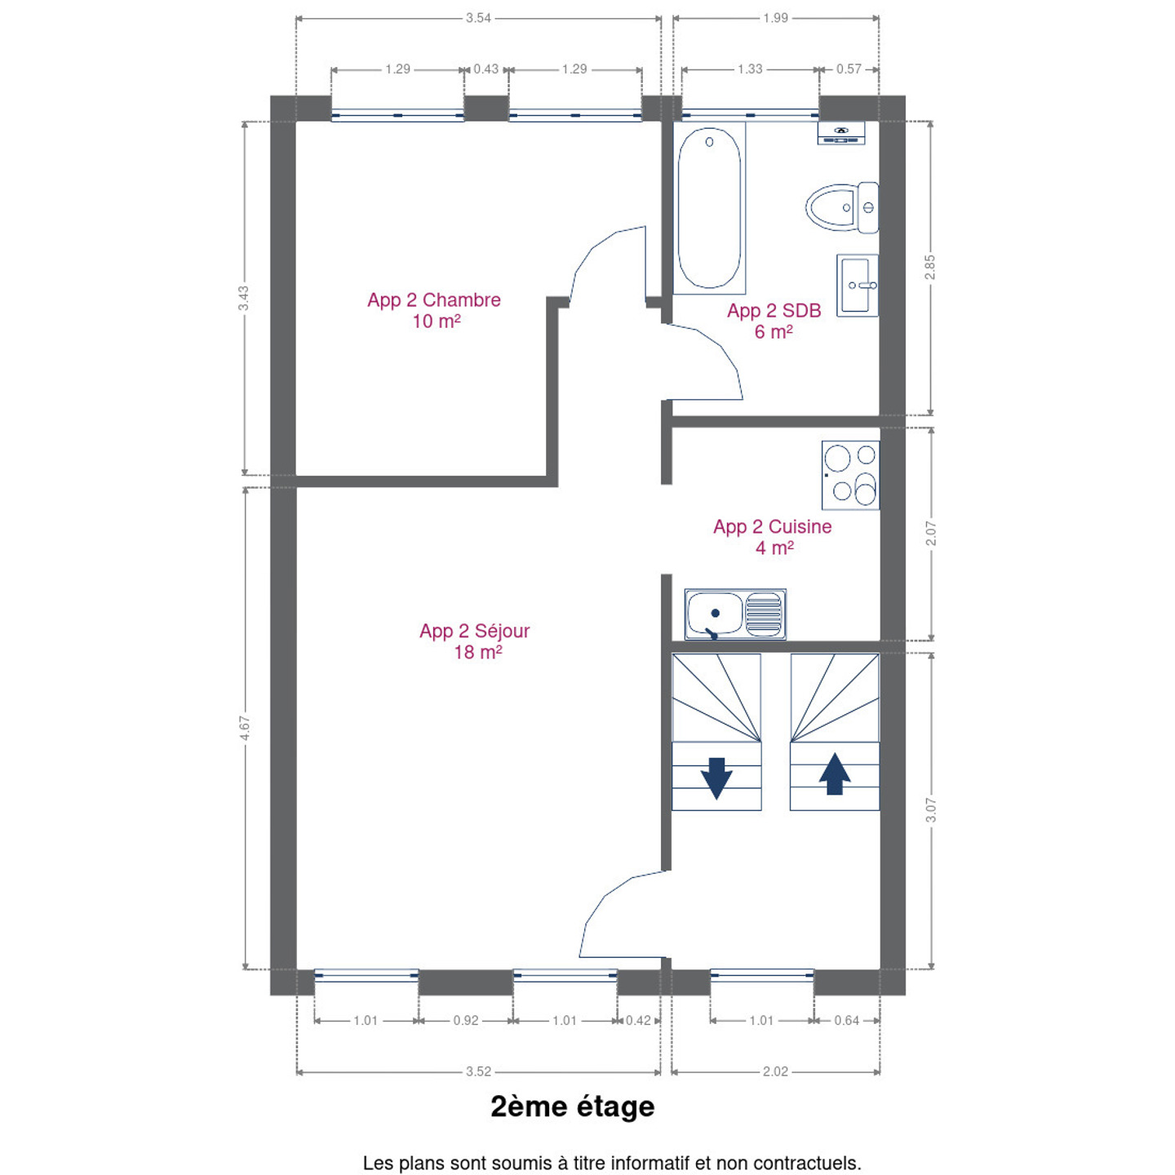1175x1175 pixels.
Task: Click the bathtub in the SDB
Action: pos(709,208)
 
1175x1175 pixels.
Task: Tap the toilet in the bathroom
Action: pos(842,207)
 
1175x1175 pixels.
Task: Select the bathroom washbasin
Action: pos(858,286)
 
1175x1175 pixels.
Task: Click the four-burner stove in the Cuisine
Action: pos(850,475)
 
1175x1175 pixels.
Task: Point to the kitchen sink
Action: pos(734,614)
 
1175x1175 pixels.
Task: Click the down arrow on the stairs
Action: pos(716,778)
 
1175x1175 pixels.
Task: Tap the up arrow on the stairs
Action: pos(835,774)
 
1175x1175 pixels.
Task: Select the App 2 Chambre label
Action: pos(433,300)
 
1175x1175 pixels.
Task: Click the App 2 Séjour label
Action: pos(474,631)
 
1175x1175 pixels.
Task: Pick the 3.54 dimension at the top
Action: pos(478,18)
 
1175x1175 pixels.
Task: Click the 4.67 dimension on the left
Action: pos(245,728)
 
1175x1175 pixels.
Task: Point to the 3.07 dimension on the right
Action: pos(930,809)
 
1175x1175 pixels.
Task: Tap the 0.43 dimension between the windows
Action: pos(486,69)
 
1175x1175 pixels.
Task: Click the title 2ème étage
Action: pos(573,1106)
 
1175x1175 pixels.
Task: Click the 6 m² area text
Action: pos(774,332)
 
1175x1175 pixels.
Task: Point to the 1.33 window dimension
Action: pos(750,69)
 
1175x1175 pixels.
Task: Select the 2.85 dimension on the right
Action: pos(930,267)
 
